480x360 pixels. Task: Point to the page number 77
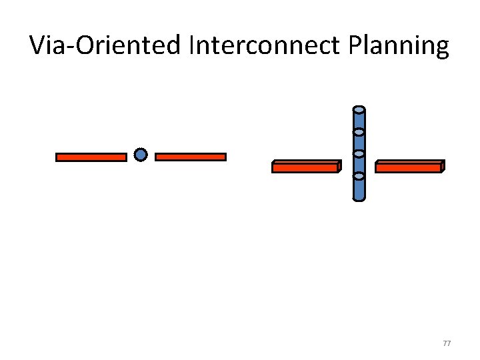click(447, 343)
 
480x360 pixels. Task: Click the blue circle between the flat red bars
click(140, 155)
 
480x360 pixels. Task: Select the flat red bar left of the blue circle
click(91, 157)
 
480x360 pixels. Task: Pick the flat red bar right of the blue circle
click(191, 157)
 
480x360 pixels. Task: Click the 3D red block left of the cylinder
click(305, 168)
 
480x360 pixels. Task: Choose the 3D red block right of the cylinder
click(408, 168)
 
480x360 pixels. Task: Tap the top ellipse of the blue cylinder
click(359, 109)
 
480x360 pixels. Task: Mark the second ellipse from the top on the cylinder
click(359, 132)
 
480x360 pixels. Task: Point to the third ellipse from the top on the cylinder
click(359, 154)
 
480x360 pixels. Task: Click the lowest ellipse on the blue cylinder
click(359, 176)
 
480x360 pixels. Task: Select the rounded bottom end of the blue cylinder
click(359, 197)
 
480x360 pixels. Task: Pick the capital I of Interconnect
click(193, 46)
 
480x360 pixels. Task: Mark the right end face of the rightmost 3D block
click(443, 166)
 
